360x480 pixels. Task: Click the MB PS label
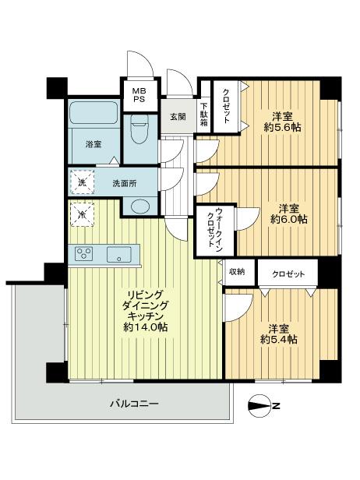pyautogui.click(x=137, y=94)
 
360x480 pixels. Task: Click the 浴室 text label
pyautogui.click(x=94, y=143)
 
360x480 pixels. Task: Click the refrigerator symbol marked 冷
pyautogui.click(x=82, y=211)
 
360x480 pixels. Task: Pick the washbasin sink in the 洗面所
pyautogui.click(x=139, y=206)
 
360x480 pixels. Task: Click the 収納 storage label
pyautogui.click(x=237, y=271)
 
